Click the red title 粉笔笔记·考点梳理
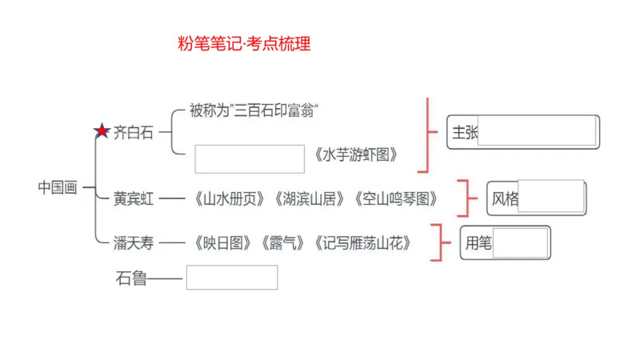click(244, 44)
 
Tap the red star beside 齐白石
click(102, 131)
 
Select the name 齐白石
click(133, 132)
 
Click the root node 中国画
click(58, 187)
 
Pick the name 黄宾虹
click(133, 198)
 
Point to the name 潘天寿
click(133, 242)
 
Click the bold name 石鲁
click(131, 278)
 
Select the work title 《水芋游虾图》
click(355, 154)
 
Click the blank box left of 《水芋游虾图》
click(250, 158)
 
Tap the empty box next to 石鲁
click(232, 278)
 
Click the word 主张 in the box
click(465, 133)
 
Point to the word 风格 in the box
click(505, 198)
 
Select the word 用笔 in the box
click(478, 243)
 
